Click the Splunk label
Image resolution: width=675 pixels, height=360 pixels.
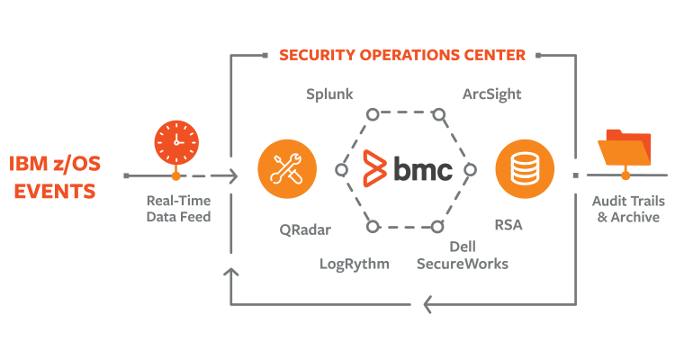329,94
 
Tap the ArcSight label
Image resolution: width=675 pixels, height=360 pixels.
491,94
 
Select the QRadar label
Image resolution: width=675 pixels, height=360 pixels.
305,229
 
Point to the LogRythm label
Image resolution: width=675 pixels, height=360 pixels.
355,264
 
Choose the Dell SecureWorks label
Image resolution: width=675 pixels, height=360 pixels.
462,255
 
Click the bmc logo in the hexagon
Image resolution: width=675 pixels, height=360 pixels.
406,168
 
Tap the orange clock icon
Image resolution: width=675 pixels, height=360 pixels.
176,141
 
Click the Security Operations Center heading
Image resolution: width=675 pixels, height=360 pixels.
401,55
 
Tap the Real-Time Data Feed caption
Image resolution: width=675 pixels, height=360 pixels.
177,210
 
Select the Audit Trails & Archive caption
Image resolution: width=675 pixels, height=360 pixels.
625,210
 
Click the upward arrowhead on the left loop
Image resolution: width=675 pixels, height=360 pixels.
232,273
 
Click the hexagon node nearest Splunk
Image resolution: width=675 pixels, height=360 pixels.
370,114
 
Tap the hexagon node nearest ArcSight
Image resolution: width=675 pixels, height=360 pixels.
438,114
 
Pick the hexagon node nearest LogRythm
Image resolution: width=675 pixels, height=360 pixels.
370,224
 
